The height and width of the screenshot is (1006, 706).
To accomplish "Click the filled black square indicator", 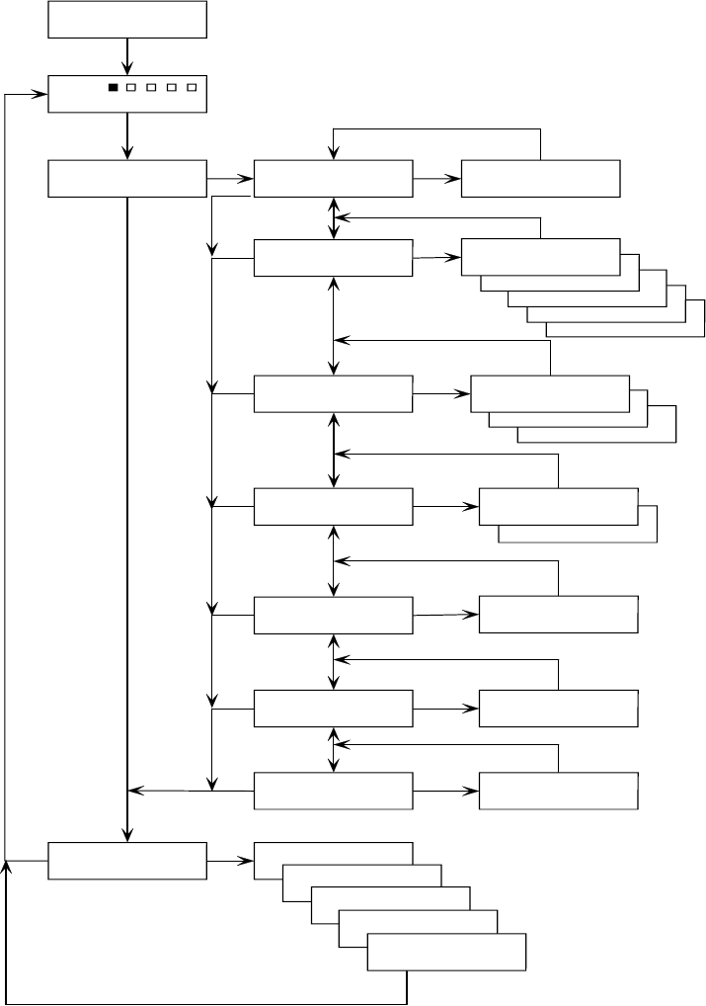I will [113, 88].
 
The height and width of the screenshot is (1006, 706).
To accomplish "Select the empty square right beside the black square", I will [131, 88].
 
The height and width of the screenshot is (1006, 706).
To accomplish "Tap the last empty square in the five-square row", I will [192, 88].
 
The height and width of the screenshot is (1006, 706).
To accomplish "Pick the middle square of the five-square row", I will [151, 88].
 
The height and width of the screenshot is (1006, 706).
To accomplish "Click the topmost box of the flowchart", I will [127, 20].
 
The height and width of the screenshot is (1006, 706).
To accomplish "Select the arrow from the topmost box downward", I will [127, 55].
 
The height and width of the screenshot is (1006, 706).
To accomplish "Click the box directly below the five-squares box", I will [127, 178].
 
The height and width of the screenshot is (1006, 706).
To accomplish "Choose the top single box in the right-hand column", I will [540, 178].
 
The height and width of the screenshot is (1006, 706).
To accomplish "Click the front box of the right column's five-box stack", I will [540, 257].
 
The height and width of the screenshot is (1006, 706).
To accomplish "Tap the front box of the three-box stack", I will [550, 393].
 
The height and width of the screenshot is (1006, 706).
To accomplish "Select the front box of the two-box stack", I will [558, 506].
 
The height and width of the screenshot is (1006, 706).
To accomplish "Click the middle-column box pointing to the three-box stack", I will [333, 393].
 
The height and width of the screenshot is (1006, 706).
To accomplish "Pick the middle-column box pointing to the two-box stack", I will [333, 506].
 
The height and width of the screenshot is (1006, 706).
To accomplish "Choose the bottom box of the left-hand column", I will [127, 861].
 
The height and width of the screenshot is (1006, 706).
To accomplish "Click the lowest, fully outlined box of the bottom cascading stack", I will [446, 953].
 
